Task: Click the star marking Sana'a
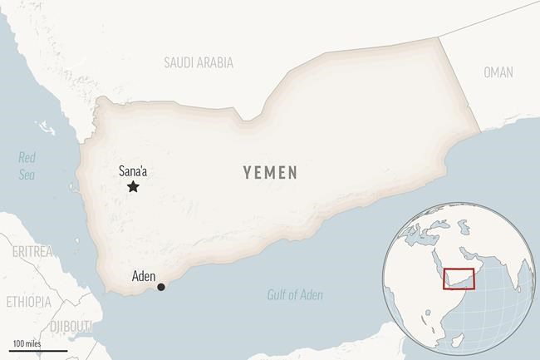coord(133,187)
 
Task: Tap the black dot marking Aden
coord(161,288)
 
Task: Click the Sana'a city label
coord(133,170)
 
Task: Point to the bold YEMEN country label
coord(271,172)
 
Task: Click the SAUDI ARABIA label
coord(199,62)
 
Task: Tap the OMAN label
coord(498,72)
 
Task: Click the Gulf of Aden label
coord(296,294)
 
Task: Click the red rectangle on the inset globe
coord(459,280)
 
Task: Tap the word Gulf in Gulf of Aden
coord(277,294)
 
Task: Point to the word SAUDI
coord(179,62)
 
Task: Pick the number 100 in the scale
coord(19,343)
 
